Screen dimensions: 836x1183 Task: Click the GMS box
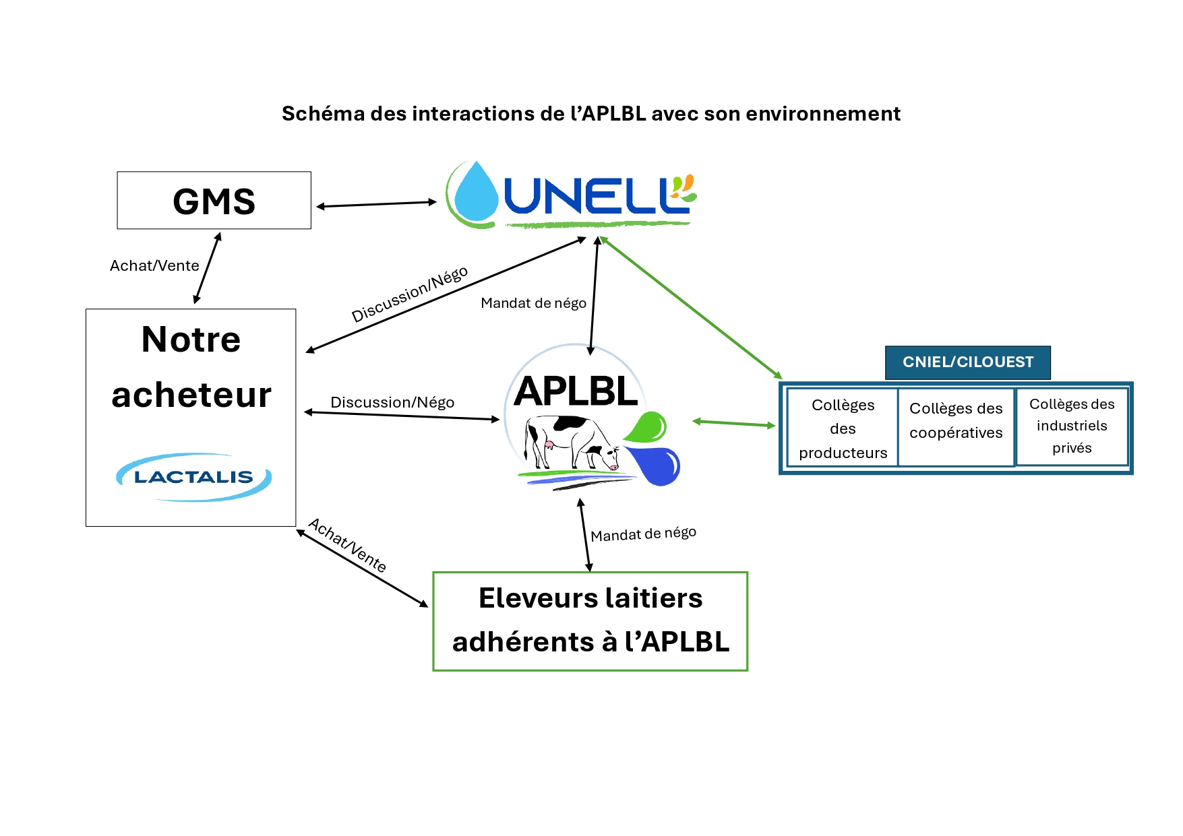coord(214,200)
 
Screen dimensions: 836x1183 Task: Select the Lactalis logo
coord(194,477)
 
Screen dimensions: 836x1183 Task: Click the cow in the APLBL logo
coord(572,442)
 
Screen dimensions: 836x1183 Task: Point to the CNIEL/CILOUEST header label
coord(967,362)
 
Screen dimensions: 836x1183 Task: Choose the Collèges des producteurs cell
coord(843,428)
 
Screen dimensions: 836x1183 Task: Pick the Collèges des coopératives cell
coord(956,421)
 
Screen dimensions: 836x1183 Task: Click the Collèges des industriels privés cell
coord(1072,426)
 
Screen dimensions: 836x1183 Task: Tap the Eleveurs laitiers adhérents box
coord(590,621)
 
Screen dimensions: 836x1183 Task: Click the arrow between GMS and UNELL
coord(377,204)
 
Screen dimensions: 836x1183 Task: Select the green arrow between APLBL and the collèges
coord(734,424)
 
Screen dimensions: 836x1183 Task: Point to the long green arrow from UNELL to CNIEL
coord(691,307)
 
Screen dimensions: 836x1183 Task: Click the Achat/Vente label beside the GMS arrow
coord(154,265)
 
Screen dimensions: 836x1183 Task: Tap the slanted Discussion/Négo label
coord(410,294)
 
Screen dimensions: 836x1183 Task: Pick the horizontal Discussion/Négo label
coord(392,402)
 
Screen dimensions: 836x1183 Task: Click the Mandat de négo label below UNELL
coord(533,303)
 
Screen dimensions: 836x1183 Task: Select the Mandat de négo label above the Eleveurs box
coord(643,534)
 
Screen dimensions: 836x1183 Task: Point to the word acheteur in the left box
coord(191,395)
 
